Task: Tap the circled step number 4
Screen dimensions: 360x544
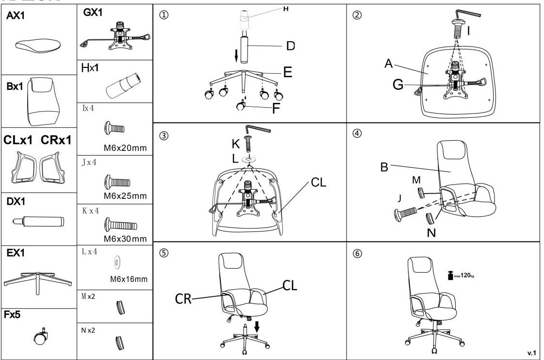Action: pyautogui.click(x=357, y=134)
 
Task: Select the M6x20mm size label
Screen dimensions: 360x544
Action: pyautogui.click(x=125, y=147)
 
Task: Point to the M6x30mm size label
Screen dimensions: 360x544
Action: pyautogui.click(x=125, y=239)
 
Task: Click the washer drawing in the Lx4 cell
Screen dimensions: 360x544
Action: pyautogui.click(x=116, y=263)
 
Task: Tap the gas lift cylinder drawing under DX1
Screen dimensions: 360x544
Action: pyautogui.click(x=39, y=222)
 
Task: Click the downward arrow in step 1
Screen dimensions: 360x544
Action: pyautogui.click(x=236, y=55)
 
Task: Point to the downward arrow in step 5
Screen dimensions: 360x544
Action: pyautogui.click(x=257, y=327)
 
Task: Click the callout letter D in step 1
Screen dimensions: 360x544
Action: pyautogui.click(x=290, y=46)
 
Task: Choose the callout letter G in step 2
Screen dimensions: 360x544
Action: pyautogui.click(x=398, y=85)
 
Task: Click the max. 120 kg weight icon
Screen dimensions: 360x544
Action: pyautogui.click(x=450, y=276)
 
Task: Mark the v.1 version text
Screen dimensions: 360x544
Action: pyautogui.click(x=532, y=353)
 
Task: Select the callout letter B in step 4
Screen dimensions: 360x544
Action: pyautogui.click(x=384, y=167)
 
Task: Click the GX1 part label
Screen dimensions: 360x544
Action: pyautogui.click(x=93, y=13)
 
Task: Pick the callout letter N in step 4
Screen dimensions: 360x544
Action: pyautogui.click(x=431, y=232)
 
